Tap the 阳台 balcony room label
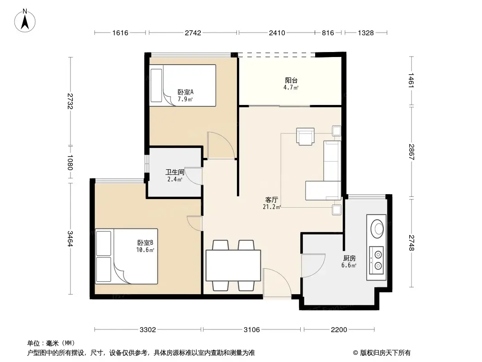[x=291, y=81]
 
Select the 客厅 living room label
[x=271, y=200]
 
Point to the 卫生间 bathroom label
[x=175, y=172]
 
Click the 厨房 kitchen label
[x=350, y=258]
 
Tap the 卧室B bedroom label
[x=145, y=243]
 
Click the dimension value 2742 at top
[x=193, y=33]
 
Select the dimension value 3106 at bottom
[x=251, y=329]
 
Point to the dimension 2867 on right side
[x=411, y=152]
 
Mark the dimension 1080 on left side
[x=70, y=162]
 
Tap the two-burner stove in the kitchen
[x=376, y=260]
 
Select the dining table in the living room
[x=233, y=265]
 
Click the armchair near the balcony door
[x=305, y=137]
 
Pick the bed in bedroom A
[x=183, y=85]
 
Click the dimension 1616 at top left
[x=120, y=33]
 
